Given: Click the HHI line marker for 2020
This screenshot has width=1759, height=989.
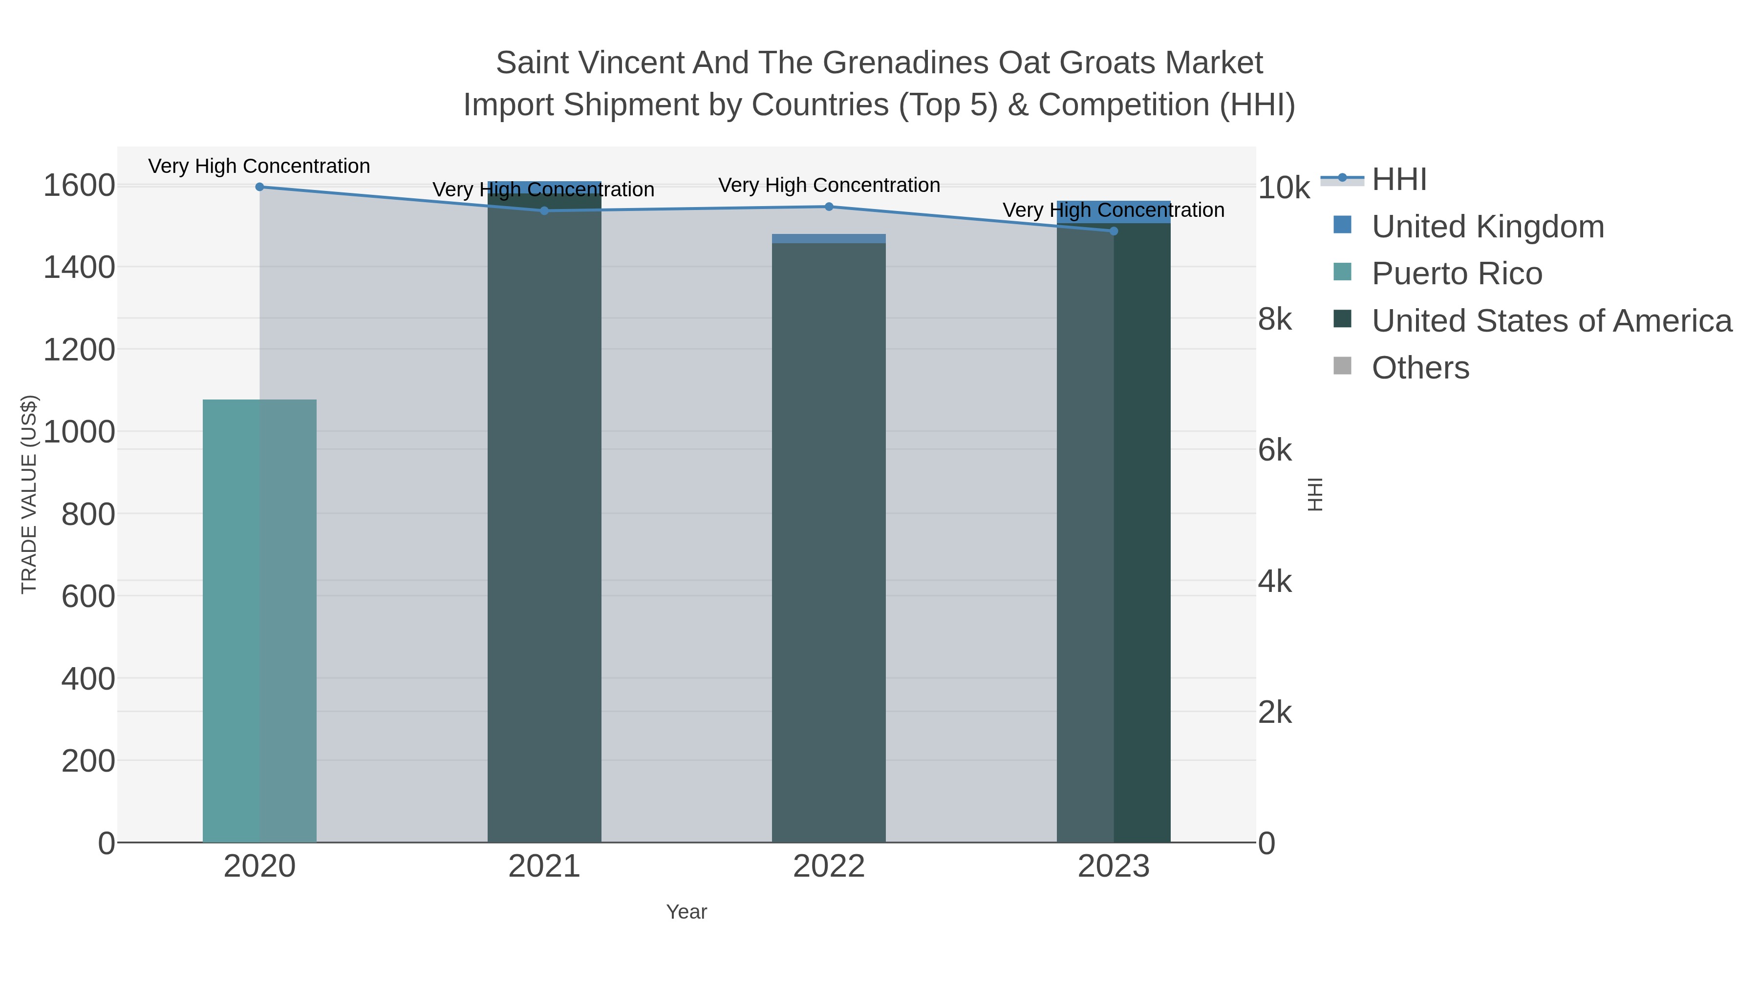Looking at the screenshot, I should pyautogui.click(x=259, y=187).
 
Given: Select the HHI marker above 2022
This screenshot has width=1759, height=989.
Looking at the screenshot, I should pyautogui.click(x=829, y=207).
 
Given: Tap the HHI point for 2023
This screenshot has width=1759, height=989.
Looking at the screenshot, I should pyautogui.click(x=1114, y=231).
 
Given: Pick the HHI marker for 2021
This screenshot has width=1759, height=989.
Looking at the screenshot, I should pyautogui.click(x=544, y=211).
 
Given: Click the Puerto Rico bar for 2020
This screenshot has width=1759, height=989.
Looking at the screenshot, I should pyautogui.click(x=259, y=621).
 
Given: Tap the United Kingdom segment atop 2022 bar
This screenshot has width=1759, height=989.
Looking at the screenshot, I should pyautogui.click(x=829, y=239).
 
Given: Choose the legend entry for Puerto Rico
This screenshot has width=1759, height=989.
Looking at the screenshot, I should pyautogui.click(x=1456, y=274).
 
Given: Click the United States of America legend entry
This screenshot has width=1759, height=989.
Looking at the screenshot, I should pyautogui.click(x=1550, y=321).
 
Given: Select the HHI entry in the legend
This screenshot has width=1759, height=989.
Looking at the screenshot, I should pyautogui.click(x=1398, y=180).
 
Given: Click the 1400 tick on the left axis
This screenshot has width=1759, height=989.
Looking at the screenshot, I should pyautogui.click(x=79, y=268).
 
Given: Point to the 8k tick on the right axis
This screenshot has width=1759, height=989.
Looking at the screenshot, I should pyautogui.click(x=1275, y=319).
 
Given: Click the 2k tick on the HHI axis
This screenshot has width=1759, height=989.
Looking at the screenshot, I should pyautogui.click(x=1275, y=713).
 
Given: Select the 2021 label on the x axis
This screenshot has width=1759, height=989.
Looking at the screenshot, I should pyautogui.click(x=544, y=867).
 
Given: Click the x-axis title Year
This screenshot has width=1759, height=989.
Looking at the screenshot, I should pyautogui.click(x=686, y=912).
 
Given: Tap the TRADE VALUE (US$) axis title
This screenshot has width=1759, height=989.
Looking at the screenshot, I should pyautogui.click(x=29, y=494).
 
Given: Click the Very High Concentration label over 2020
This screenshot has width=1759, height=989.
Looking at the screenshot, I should pyautogui.click(x=259, y=167).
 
